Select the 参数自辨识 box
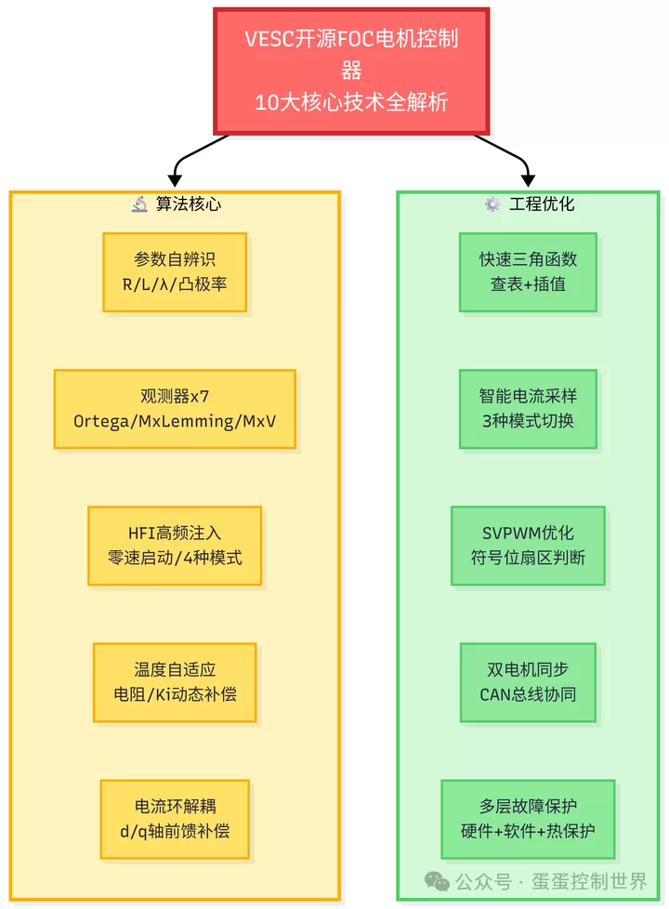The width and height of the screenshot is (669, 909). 175,271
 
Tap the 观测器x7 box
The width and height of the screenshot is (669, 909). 175,409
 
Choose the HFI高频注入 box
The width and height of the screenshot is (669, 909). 175,546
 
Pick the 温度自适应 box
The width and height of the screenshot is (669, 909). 175,681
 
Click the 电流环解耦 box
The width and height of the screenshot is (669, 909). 175,819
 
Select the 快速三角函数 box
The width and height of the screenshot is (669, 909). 528,271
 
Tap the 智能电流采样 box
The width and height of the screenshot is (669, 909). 528,409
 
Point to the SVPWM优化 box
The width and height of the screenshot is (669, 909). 528,546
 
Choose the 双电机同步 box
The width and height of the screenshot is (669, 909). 528,681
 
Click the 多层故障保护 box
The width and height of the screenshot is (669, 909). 528,819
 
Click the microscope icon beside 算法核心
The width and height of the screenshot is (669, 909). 139,204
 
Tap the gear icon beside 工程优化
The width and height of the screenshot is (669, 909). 492,204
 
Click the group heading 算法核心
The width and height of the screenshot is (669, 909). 189,204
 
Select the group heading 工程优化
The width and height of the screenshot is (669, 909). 542,204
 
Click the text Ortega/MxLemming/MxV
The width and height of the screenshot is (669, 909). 175,421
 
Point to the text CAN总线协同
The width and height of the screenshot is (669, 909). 528,693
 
